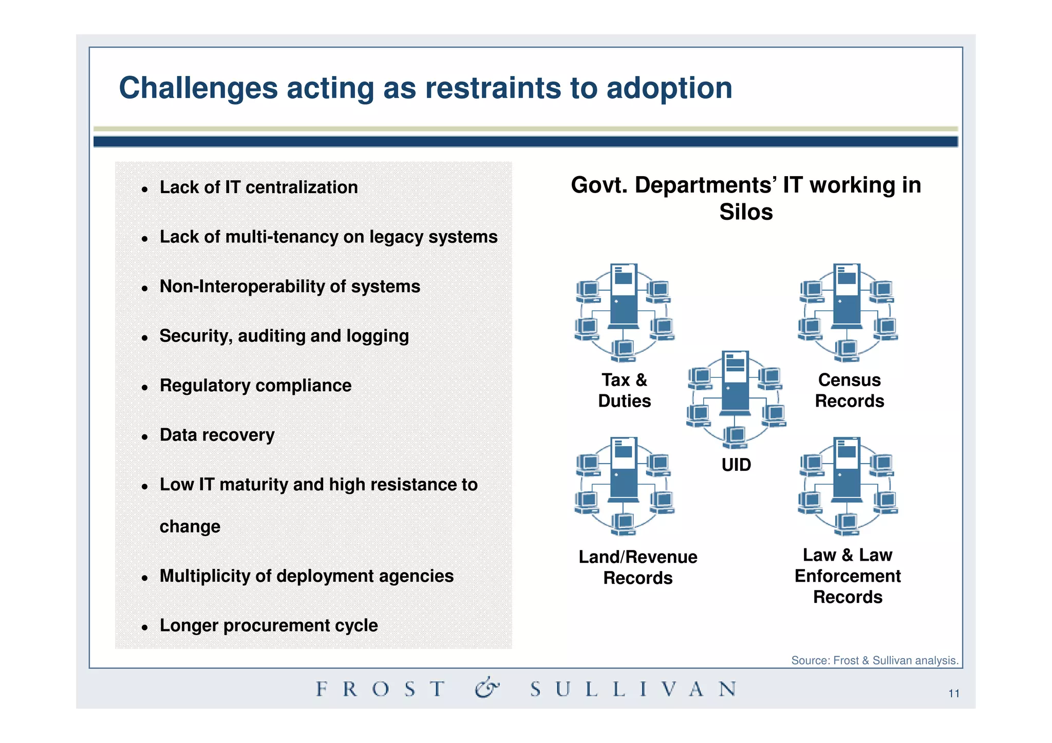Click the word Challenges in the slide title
(x=198, y=88)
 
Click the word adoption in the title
(x=669, y=88)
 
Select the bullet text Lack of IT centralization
(x=258, y=187)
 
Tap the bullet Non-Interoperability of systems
(x=290, y=287)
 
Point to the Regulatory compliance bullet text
(x=255, y=386)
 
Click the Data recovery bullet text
(x=217, y=435)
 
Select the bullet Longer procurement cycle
(x=268, y=625)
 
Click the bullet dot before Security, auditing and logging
(x=145, y=338)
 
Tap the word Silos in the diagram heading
(x=745, y=212)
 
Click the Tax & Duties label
(x=624, y=390)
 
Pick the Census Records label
(x=849, y=390)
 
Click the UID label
(x=736, y=465)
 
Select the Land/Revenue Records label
(x=637, y=567)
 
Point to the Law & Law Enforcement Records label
(x=848, y=576)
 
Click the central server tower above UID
(x=735, y=383)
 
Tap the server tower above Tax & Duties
(x=624, y=296)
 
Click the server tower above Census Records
(x=847, y=296)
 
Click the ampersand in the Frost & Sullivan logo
(x=486, y=688)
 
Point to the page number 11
(x=953, y=694)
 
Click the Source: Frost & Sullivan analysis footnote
(x=874, y=660)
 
